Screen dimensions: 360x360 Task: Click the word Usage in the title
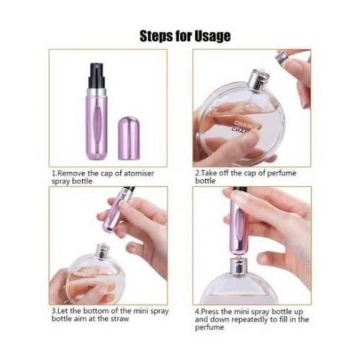point(212,37)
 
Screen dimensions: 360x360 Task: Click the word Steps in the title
point(156,36)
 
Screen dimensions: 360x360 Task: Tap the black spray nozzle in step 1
point(97,75)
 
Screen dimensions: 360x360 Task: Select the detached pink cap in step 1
point(129,138)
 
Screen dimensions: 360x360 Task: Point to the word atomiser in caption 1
point(139,173)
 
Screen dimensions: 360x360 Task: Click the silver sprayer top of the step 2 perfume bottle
point(259,80)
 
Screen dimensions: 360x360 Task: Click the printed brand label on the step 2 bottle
point(242,127)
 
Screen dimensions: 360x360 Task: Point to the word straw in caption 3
point(120,319)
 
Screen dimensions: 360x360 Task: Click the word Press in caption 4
point(210,312)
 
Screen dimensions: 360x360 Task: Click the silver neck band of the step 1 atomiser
point(97,92)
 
